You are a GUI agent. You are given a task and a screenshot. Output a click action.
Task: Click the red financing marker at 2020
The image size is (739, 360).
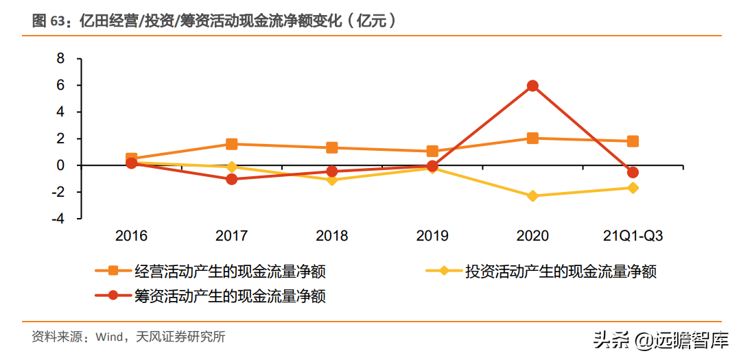532,86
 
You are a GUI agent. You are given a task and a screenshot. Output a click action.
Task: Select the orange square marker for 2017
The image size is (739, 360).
232,144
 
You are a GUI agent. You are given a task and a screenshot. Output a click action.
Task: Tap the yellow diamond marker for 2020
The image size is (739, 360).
532,196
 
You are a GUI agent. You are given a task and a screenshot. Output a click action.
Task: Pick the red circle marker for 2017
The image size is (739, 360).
232,179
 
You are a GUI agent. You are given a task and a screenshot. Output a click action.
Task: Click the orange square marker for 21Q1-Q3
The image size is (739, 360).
633,141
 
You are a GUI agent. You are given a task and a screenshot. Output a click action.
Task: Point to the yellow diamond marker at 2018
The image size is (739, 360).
332,180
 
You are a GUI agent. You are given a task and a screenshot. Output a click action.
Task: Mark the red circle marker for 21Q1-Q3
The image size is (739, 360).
633,172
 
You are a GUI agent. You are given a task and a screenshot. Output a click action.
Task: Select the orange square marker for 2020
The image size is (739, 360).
532,138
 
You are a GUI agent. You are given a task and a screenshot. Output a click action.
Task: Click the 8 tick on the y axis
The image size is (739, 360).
60,59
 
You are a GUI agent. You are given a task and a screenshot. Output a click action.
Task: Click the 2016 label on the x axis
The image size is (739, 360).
132,236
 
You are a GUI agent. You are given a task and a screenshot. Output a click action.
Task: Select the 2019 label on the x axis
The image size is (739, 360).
432,236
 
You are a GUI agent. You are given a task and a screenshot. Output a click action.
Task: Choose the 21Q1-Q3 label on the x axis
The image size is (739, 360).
632,236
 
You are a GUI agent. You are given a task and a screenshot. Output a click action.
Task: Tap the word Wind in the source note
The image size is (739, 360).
108,337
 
